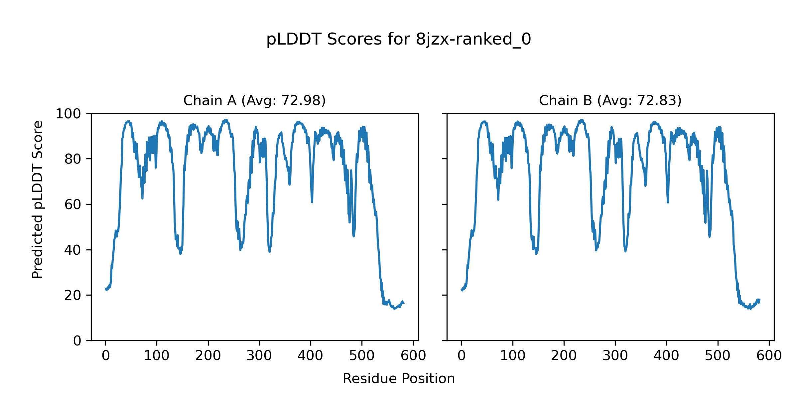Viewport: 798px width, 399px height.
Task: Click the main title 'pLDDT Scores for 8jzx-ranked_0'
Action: [399, 39]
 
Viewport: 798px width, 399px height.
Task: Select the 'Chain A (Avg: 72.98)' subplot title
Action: [254, 100]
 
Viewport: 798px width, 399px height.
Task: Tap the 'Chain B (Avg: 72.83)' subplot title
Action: [610, 100]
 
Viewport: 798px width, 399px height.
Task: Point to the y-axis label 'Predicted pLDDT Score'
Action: [37, 199]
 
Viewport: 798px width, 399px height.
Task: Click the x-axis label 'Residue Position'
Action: [399, 379]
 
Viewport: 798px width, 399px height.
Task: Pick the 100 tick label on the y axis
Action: [68, 114]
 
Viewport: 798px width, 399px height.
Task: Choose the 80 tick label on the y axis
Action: [73, 159]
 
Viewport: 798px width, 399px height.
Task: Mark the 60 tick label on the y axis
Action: [73, 205]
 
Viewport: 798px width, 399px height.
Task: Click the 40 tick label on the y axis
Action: [73, 250]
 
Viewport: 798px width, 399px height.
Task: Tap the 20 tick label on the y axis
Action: [73, 295]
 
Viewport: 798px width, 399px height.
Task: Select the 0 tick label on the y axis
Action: [77, 341]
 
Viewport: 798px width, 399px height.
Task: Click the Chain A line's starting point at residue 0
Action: [106, 289]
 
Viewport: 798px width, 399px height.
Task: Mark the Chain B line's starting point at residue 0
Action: [462, 289]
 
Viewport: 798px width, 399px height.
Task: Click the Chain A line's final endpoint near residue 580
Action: [404, 303]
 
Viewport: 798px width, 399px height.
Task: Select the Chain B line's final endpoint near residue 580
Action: [759, 300]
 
